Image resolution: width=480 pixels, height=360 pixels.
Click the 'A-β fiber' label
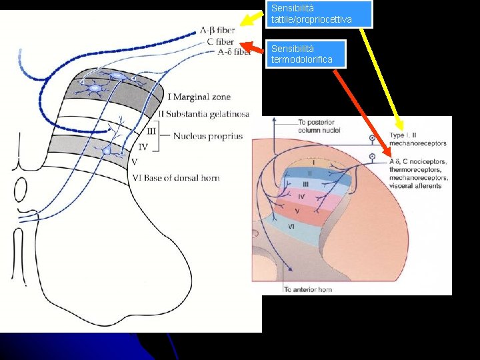(x=217, y=30)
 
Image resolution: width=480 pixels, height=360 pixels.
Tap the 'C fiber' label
(x=219, y=41)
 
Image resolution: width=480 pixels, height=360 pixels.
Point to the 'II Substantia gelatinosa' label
(x=203, y=114)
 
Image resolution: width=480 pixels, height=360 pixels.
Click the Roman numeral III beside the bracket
(x=151, y=131)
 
